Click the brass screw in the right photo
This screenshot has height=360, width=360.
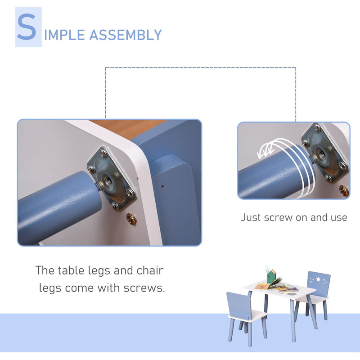point(343,191)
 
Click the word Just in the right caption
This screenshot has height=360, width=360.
point(251,217)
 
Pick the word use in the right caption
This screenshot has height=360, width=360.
point(337,218)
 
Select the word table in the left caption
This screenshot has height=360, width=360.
point(73,270)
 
